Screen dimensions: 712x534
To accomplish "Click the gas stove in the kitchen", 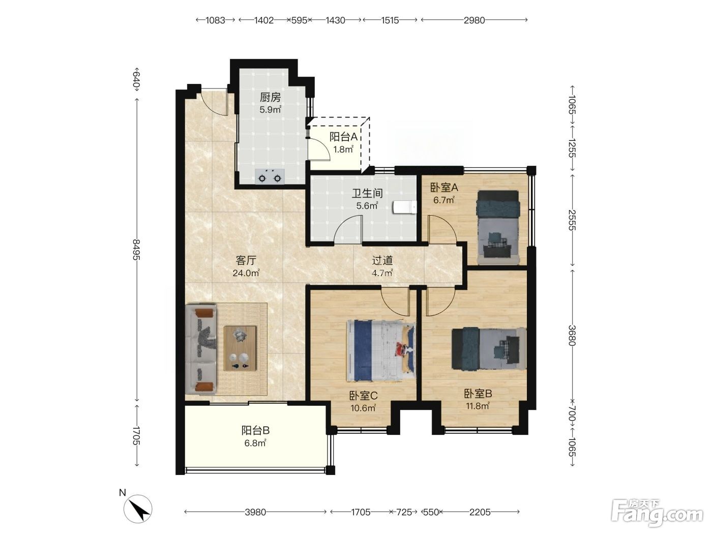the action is [x=270, y=176].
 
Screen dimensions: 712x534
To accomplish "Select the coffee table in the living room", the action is [x=240, y=348].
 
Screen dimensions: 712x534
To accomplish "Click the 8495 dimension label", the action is [x=137, y=249].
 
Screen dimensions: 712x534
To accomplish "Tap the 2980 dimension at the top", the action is [x=474, y=20].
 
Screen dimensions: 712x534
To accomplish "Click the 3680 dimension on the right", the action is [x=572, y=336].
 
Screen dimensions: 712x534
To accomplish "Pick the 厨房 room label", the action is [x=270, y=97].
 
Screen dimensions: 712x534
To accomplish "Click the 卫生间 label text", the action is [x=367, y=193].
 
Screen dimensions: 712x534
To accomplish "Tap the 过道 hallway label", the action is [x=382, y=260].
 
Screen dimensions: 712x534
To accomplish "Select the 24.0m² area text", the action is [x=246, y=273].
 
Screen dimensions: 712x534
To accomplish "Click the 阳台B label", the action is [x=255, y=431].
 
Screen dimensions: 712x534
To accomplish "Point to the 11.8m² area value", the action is [x=478, y=406].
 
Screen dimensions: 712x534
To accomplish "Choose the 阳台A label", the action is [x=343, y=137].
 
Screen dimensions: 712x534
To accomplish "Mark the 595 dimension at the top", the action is [x=299, y=20].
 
